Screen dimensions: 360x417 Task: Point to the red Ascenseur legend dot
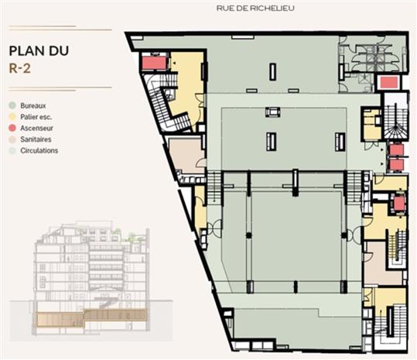[x=13, y=127]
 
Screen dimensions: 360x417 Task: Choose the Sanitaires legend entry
[x=39, y=139]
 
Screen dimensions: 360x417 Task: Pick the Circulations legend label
[x=40, y=150]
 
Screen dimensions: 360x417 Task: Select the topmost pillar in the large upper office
[x=272, y=71]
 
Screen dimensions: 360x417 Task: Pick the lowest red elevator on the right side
[x=399, y=204]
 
